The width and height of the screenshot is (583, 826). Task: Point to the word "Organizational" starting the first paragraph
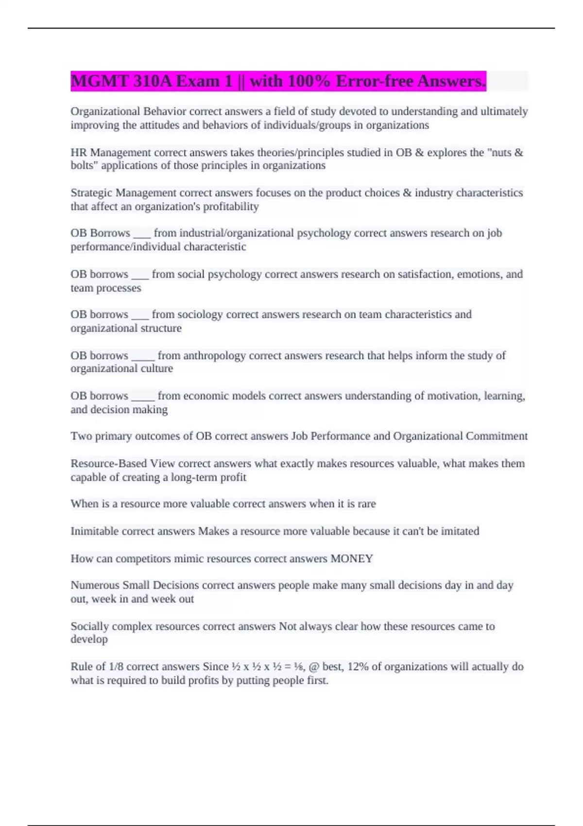tap(105, 112)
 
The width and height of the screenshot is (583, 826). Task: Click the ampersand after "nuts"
tap(518, 153)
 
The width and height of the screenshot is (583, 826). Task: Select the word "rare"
tap(367, 504)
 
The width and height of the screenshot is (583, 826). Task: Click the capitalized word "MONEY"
tap(352, 559)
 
